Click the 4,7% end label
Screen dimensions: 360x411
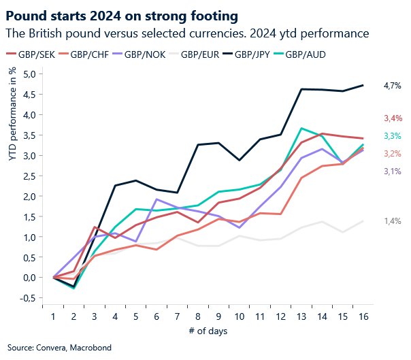tap(393, 86)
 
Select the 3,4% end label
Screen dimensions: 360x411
tap(393, 118)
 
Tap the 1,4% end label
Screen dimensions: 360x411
tap(393, 221)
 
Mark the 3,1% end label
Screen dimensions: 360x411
tap(393, 171)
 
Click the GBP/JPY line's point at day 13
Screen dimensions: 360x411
tap(301, 89)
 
